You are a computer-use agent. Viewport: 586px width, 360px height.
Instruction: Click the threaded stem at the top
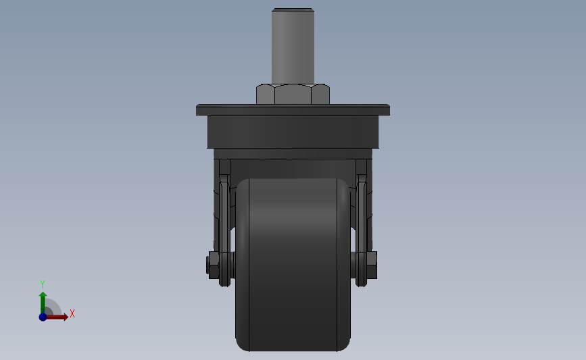[293, 47]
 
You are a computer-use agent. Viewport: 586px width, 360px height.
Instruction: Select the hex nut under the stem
[293, 94]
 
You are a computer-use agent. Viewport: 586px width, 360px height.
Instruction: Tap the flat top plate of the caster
[293, 109]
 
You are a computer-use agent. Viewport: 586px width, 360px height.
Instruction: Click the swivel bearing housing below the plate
[293, 132]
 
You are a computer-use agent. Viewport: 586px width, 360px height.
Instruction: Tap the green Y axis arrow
[43, 300]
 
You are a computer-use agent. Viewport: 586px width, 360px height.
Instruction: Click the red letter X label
[72, 313]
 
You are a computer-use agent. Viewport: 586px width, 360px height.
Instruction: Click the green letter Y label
[43, 284]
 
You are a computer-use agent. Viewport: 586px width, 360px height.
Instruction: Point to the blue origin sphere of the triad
[43, 317]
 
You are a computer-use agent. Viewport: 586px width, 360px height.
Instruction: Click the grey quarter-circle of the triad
[51, 308]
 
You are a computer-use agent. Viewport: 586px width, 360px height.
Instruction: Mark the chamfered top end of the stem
[293, 10]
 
